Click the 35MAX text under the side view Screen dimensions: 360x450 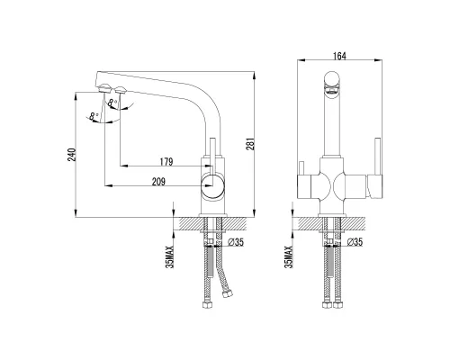(x=170, y=256)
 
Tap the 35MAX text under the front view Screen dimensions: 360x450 (x=288, y=256)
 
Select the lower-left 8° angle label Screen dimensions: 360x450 (x=94, y=116)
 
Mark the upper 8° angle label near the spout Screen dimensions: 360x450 (x=111, y=104)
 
